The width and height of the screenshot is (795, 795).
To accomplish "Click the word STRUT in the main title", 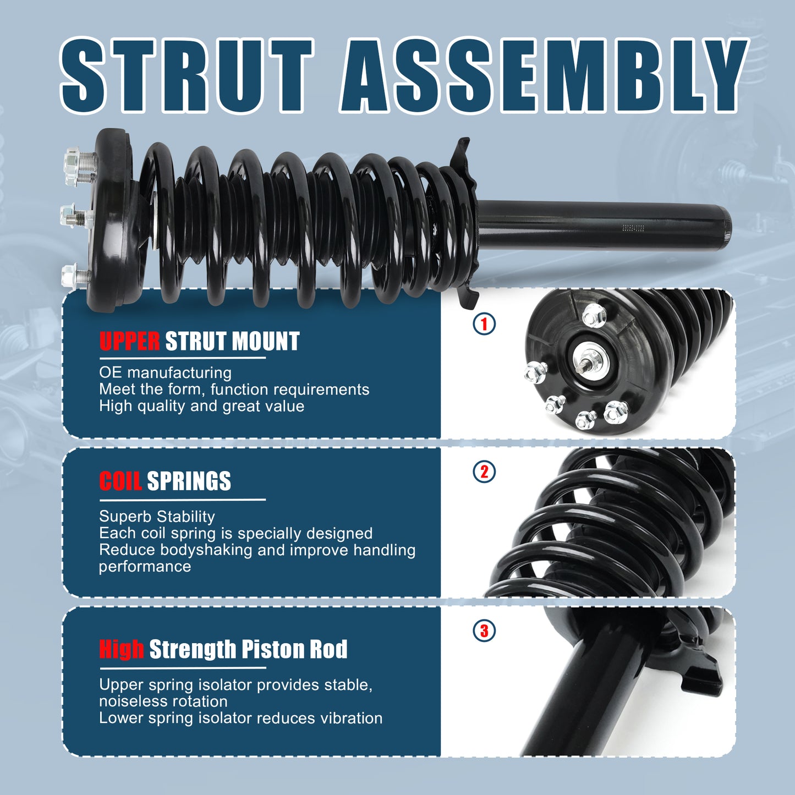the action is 187,75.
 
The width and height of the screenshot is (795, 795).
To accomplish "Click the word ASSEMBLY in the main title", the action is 544,75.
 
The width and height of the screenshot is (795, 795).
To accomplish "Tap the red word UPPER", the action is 129,341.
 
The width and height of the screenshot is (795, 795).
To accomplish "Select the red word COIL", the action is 120,481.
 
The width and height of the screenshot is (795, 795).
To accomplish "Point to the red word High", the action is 122,649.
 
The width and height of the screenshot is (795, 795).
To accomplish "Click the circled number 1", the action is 484,324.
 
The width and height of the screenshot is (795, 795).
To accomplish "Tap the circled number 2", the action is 484,471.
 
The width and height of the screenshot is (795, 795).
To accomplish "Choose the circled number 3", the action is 484,631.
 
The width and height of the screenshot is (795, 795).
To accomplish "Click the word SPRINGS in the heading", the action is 189,481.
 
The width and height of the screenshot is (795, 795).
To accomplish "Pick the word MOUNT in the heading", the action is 266,341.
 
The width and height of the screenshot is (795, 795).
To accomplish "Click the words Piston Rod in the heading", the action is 294,649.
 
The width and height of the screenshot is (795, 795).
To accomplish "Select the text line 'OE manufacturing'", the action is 166,373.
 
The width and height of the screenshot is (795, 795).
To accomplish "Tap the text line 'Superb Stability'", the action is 157,517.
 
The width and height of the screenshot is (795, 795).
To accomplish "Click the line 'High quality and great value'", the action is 202,407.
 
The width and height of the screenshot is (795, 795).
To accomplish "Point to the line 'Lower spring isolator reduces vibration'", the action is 240,719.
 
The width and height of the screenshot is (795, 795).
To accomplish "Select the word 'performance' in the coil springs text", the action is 145,567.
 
